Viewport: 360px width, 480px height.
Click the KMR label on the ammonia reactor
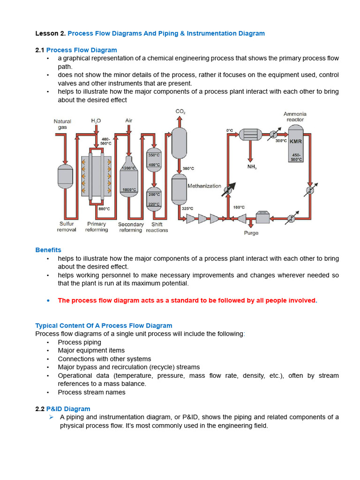coord(295,141)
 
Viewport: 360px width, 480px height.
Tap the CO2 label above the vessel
coord(180,112)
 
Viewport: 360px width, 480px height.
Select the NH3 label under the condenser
coord(252,166)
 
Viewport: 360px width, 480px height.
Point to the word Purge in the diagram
coord(251,233)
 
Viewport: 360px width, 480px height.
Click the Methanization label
coord(204,186)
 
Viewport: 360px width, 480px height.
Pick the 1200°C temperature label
coord(129,168)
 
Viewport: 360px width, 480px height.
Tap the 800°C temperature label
coord(104,209)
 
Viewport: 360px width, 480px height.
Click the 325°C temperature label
coord(187,208)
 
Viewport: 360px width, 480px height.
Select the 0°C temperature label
coord(230,130)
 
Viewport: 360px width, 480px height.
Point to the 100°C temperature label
coord(238,207)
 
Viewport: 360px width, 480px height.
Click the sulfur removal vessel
coord(65,174)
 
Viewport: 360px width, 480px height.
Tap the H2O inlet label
coord(96,121)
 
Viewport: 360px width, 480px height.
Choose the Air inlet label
coord(129,121)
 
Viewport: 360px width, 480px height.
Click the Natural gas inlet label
coord(62,124)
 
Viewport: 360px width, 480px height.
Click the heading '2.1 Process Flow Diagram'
coord(76,50)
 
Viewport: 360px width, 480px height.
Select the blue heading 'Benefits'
coord(48,250)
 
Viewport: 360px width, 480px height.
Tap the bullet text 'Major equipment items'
coord(91,351)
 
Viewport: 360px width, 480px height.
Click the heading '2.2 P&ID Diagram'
coord(63,409)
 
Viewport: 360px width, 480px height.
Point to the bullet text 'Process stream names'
coord(92,392)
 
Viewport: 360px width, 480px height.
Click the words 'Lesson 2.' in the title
coord(51,33)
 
